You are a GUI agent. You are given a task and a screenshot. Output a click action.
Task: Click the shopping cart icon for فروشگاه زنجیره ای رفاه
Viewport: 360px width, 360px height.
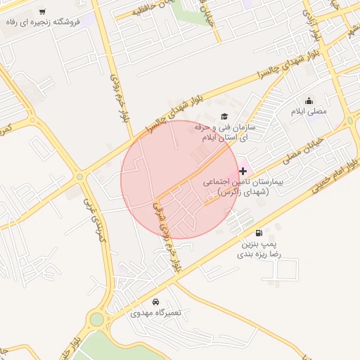42,12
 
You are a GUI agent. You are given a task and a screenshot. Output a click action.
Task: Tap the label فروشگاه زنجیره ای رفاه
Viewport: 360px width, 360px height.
43,22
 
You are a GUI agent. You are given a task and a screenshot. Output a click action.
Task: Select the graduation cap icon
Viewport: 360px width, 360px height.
224,117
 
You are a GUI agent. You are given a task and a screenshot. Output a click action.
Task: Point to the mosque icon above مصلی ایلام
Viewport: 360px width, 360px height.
309,101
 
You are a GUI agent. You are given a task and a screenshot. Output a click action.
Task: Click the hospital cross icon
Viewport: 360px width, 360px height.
243,171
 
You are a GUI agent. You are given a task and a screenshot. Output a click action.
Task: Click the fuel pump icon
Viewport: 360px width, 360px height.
260,233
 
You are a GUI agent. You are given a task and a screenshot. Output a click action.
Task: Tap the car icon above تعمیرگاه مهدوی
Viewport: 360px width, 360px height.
156,301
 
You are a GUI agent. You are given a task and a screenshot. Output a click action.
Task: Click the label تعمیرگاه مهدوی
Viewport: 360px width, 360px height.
156,312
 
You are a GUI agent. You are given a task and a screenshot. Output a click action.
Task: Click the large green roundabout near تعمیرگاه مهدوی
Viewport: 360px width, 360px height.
96,320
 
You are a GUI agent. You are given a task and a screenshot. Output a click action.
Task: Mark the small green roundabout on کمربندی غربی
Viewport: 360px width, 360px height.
80,176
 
